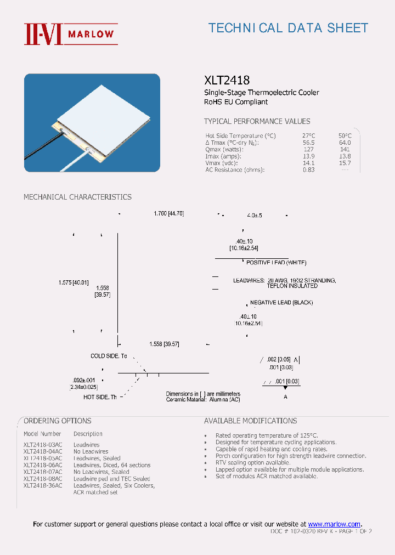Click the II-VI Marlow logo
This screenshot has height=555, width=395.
click(x=70, y=34)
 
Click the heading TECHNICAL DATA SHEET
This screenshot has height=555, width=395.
click(x=288, y=28)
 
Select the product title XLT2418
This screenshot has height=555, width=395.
click(x=227, y=80)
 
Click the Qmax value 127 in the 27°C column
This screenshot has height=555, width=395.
click(x=308, y=149)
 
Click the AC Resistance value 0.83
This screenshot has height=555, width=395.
click(x=308, y=169)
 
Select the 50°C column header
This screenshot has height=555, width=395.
click(x=345, y=135)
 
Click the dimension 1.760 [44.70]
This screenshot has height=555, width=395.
click(x=168, y=213)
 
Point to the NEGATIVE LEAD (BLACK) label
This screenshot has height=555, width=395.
click(x=281, y=303)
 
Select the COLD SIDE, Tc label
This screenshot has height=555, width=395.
click(x=109, y=356)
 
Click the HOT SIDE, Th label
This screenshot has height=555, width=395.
click(x=100, y=397)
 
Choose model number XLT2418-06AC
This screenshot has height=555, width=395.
click(x=43, y=465)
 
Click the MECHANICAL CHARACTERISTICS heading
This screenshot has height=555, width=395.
click(x=77, y=197)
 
